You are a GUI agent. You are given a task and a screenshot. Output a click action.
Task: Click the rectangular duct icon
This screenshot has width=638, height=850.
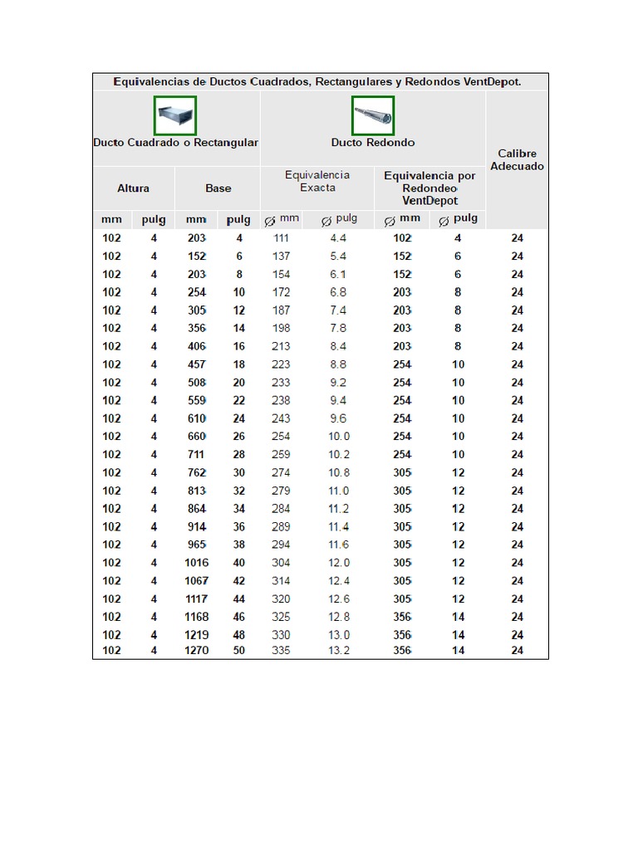click(175, 115)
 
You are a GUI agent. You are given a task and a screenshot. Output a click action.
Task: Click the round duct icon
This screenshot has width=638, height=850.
click(373, 115)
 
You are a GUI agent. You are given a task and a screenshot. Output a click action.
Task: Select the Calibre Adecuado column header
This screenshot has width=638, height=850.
click(517, 159)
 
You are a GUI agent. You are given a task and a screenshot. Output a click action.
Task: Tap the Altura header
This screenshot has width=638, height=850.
click(133, 188)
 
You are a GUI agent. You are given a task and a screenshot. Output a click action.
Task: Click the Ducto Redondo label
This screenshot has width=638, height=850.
click(373, 143)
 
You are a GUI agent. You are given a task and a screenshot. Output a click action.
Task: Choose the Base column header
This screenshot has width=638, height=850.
click(218, 188)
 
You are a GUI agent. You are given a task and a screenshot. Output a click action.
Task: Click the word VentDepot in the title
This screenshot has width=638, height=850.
click(493, 82)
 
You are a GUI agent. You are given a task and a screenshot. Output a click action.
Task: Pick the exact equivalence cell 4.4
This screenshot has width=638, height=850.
click(338, 238)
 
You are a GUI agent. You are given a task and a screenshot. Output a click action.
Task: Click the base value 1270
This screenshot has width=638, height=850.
click(197, 651)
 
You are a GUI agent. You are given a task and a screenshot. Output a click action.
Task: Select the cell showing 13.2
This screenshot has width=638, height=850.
click(338, 651)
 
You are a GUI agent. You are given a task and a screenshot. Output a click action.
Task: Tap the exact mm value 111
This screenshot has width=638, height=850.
click(281, 238)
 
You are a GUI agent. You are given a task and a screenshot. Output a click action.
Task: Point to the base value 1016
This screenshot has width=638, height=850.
click(197, 563)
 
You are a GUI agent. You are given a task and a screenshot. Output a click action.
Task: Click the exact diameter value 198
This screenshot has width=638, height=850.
click(281, 328)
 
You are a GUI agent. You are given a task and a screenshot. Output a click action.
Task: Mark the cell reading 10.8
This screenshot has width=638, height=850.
click(338, 472)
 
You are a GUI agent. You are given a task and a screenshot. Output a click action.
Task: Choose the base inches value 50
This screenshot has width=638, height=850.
click(239, 651)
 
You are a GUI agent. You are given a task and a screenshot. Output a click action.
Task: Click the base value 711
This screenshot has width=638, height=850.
click(197, 454)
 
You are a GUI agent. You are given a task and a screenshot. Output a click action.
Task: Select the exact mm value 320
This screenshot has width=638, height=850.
click(281, 599)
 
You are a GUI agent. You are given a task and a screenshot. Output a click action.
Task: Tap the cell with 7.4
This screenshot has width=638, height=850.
click(338, 310)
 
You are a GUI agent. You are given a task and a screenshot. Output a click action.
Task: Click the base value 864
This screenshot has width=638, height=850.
click(197, 509)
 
